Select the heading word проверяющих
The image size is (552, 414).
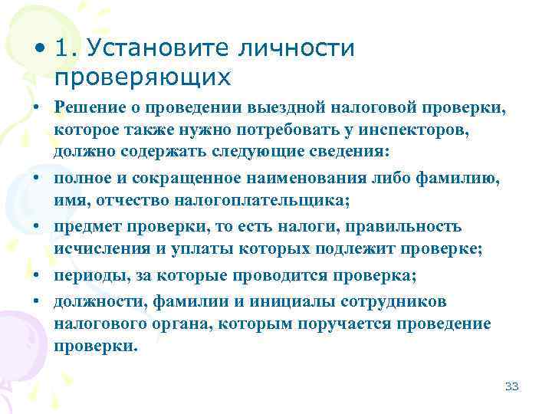click(x=142, y=78)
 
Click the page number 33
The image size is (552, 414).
click(x=512, y=386)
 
